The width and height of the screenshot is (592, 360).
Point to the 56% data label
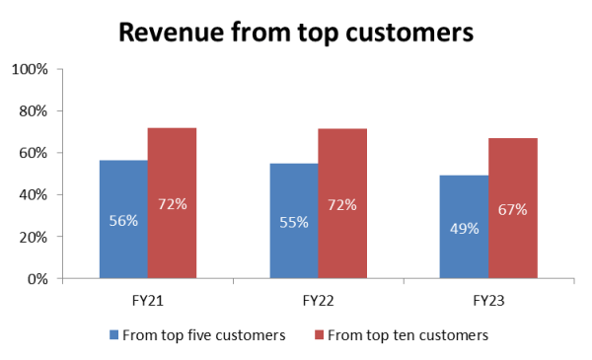click(123, 221)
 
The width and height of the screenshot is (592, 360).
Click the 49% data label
click(464, 228)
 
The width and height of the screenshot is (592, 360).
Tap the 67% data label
click(513, 209)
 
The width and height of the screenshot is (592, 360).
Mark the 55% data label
click(294, 222)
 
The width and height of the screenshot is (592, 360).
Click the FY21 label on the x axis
click(148, 297)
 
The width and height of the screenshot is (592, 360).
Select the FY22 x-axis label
click(318, 297)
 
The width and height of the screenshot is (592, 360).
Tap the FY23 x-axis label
click(488, 297)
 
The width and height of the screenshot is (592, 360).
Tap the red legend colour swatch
click(314, 335)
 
